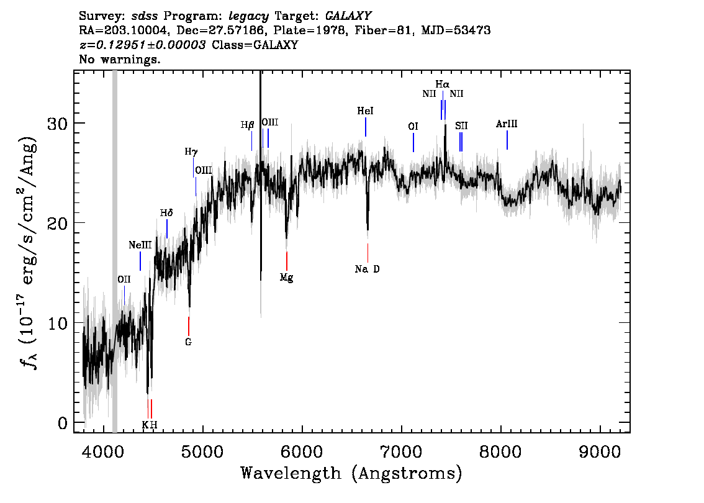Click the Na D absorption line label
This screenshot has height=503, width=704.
click(367, 269)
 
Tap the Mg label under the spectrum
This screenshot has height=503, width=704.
click(286, 278)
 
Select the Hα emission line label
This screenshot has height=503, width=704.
click(442, 84)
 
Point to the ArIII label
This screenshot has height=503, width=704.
click(507, 124)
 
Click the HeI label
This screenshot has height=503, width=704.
click(365, 111)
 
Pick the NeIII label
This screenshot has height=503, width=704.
click(140, 245)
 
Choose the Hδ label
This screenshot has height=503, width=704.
click(166, 213)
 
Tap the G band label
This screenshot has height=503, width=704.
click(188, 342)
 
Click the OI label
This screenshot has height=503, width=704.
click(413, 127)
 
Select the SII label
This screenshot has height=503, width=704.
click(461, 125)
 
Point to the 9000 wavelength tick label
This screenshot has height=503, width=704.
click(599, 452)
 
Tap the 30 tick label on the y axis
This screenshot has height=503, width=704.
click(58, 124)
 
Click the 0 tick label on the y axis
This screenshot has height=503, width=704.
click(63, 423)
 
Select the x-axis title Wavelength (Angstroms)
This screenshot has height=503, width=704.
click(351, 473)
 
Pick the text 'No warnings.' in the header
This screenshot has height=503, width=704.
click(119, 59)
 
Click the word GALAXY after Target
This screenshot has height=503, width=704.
click(348, 16)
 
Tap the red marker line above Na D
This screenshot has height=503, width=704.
click(368, 253)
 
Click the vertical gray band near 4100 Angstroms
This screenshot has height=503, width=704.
click(114, 251)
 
